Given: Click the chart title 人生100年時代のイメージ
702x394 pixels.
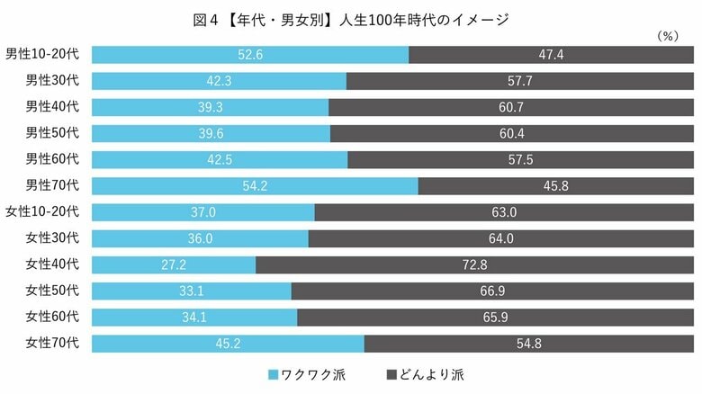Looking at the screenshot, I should pos(351,17).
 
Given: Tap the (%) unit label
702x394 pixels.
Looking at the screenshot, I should pos(667,37).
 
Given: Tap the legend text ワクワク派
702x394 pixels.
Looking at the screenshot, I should pos(313,374).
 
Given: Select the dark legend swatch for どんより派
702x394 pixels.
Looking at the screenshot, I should pos(391,374).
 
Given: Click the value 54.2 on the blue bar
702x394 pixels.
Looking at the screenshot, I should pos(255,186).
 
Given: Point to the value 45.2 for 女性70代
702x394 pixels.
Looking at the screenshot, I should pos(228,344).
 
